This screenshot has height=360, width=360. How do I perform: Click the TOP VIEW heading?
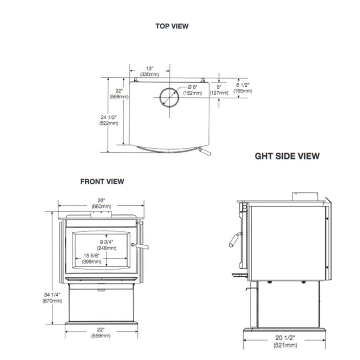[x=172, y=26]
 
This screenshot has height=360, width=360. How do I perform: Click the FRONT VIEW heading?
[x=102, y=181]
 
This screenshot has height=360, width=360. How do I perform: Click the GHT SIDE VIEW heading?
[x=287, y=156]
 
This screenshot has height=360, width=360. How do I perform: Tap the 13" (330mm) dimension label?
[x=150, y=71]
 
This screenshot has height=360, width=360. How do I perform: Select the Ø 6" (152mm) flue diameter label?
[x=192, y=90]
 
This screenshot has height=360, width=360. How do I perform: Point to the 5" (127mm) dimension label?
[x=219, y=90]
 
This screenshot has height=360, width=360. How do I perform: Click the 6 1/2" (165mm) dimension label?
[x=243, y=88]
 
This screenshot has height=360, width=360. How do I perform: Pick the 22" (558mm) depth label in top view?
[x=119, y=94]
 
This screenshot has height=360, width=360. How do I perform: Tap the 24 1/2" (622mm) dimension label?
[x=109, y=120]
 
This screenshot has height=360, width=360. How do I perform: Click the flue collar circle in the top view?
[x=169, y=97]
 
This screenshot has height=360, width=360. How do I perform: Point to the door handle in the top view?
[x=204, y=152]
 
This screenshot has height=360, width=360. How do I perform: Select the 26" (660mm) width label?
[x=101, y=203]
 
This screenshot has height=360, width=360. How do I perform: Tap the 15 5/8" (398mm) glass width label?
[x=92, y=258]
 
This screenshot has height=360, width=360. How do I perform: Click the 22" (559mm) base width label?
[x=101, y=333]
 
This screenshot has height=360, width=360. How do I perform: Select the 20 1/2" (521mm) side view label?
[x=285, y=341]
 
